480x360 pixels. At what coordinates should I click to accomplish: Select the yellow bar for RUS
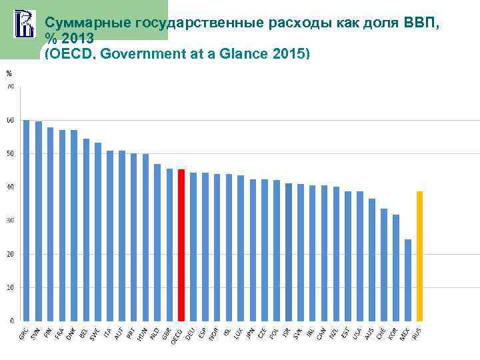[419, 256]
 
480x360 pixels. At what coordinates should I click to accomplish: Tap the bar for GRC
[27, 220]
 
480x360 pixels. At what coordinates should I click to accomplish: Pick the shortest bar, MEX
[408, 280]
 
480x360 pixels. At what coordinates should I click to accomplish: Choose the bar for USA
[360, 256]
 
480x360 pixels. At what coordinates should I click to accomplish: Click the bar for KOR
[396, 267]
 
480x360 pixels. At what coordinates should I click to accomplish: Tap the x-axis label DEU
[191, 331]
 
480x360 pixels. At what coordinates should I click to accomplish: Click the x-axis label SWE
[96, 331]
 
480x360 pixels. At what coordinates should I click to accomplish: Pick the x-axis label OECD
[177, 333]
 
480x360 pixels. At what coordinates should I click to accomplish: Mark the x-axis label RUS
[417, 331]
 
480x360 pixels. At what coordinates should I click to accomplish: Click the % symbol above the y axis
[9, 73]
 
